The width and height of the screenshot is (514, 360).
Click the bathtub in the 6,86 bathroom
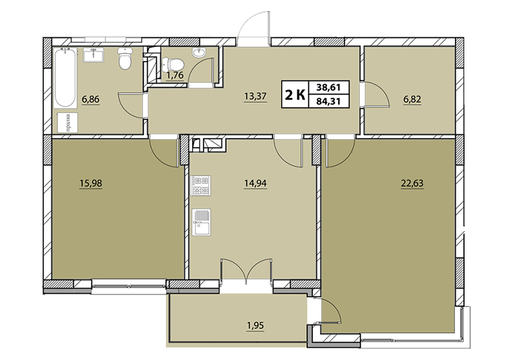coord(66,78)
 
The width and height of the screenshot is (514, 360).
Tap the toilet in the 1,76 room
coord(173,64)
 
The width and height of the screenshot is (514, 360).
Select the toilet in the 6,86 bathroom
coord(125,59)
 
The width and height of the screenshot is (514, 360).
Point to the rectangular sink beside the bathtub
coord(93,55)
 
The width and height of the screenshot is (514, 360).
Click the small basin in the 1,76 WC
coord(199,53)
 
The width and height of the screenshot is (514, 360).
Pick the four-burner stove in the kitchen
coord(200,186)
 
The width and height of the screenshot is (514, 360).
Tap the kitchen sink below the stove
coord(201,222)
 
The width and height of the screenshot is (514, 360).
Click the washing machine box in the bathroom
coord(67,123)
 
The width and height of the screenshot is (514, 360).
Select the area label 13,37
coord(255,96)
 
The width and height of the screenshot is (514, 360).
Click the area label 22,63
coord(412,183)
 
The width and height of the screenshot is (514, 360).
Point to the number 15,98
coord(91,183)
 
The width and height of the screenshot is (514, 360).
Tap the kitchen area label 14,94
coord(255,183)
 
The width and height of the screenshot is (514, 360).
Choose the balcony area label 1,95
coord(255,325)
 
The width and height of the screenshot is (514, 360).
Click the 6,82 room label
coord(412,99)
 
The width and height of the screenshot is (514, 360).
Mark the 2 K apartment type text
coord(295,94)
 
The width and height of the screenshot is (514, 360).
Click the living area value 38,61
coord(328,87)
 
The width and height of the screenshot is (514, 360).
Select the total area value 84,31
coord(328,102)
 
